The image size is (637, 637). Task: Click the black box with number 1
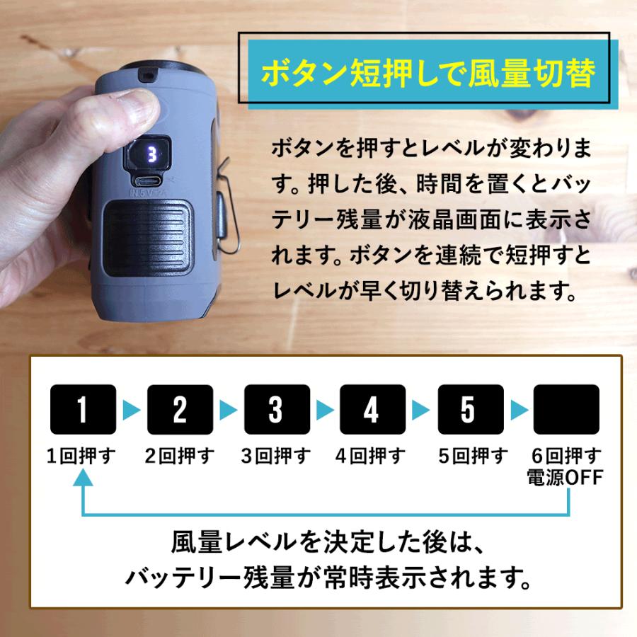click(82, 409)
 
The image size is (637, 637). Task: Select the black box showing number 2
click(180, 409)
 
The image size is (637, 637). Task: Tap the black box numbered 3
click(276, 409)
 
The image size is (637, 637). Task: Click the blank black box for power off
click(566, 409)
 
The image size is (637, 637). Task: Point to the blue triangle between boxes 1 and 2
click(131, 409)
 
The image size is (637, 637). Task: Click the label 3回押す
click(276, 456)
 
